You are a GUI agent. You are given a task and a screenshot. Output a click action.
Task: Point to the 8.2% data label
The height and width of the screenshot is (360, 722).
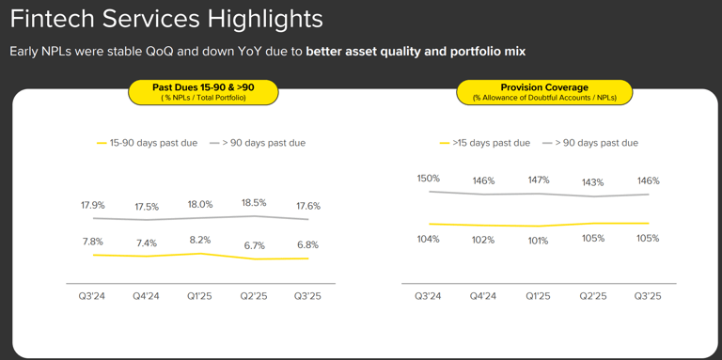200,240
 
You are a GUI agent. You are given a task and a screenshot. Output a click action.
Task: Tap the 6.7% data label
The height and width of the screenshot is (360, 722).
255,246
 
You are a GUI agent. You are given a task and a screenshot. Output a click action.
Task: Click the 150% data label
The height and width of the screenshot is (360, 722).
429,179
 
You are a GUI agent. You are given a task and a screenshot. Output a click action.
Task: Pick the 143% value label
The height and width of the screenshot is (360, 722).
592,182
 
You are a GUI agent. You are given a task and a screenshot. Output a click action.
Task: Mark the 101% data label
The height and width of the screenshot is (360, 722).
538,241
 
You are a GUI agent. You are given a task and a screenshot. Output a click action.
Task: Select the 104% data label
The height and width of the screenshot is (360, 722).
429,239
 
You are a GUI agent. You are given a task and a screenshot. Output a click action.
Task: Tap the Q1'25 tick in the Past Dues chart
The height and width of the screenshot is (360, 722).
200,296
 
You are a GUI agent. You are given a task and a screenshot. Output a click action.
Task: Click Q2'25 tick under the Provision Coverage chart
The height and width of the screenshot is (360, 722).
592,296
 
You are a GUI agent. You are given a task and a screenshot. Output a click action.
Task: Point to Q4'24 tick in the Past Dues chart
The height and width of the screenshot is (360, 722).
147,296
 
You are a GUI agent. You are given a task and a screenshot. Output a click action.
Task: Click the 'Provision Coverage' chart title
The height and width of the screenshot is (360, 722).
544,87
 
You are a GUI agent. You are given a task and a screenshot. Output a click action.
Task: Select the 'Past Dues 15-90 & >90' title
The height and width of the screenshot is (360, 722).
203,87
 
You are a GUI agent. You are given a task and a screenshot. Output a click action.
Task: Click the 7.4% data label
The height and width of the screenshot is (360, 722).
147,243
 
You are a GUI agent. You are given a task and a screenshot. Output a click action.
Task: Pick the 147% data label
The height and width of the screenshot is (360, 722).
539,180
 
